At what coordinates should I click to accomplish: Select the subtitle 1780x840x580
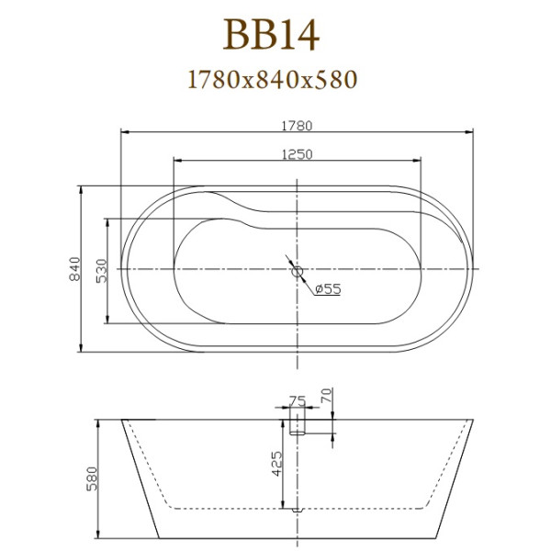click(x=271, y=79)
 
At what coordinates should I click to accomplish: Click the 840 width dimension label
click(x=74, y=269)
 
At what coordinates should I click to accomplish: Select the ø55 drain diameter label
click(x=328, y=289)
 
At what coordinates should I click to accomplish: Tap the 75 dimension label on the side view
click(x=297, y=400)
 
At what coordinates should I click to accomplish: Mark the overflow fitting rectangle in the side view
click(x=297, y=422)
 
